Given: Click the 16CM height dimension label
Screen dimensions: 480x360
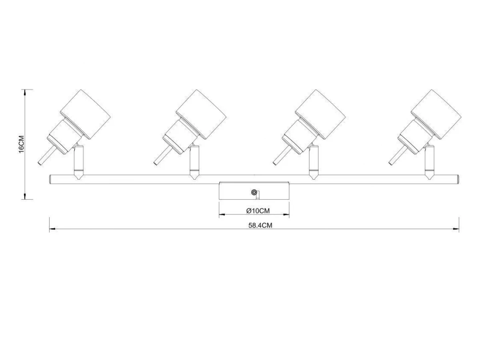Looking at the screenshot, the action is (x=22, y=144).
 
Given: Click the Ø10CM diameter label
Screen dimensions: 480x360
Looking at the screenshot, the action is (x=258, y=211).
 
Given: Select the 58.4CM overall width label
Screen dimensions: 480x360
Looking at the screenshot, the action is (x=260, y=225).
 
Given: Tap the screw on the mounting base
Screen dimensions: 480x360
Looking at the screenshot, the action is (x=254, y=192).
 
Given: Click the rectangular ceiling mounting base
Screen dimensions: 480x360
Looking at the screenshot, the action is (x=254, y=190).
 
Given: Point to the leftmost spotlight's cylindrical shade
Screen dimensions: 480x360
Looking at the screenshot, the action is (x=86, y=114).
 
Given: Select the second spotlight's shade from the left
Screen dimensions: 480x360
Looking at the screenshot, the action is (x=201, y=114).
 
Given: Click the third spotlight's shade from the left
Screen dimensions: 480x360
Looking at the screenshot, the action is (x=320, y=114).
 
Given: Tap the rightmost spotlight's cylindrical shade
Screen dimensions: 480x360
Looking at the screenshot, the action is (x=436, y=114).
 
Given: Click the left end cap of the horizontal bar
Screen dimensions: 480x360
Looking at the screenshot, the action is (x=51, y=180).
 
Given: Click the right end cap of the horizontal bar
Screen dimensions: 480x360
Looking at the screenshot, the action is (x=457, y=180).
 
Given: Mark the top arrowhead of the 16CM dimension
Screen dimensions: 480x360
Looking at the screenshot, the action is (x=25, y=92).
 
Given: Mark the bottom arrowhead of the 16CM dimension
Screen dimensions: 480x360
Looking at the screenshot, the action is (x=25, y=196).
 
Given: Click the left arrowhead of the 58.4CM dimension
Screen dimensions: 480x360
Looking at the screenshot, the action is (x=52, y=229).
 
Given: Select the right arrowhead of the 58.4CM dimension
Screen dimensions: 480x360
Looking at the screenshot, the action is (x=456, y=229).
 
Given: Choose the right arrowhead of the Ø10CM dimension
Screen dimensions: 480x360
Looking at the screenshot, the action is (x=286, y=214).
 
